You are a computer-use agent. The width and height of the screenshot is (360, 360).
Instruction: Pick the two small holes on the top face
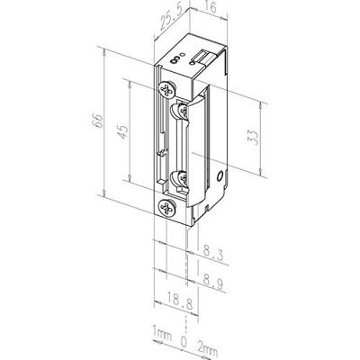(183, 57)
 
